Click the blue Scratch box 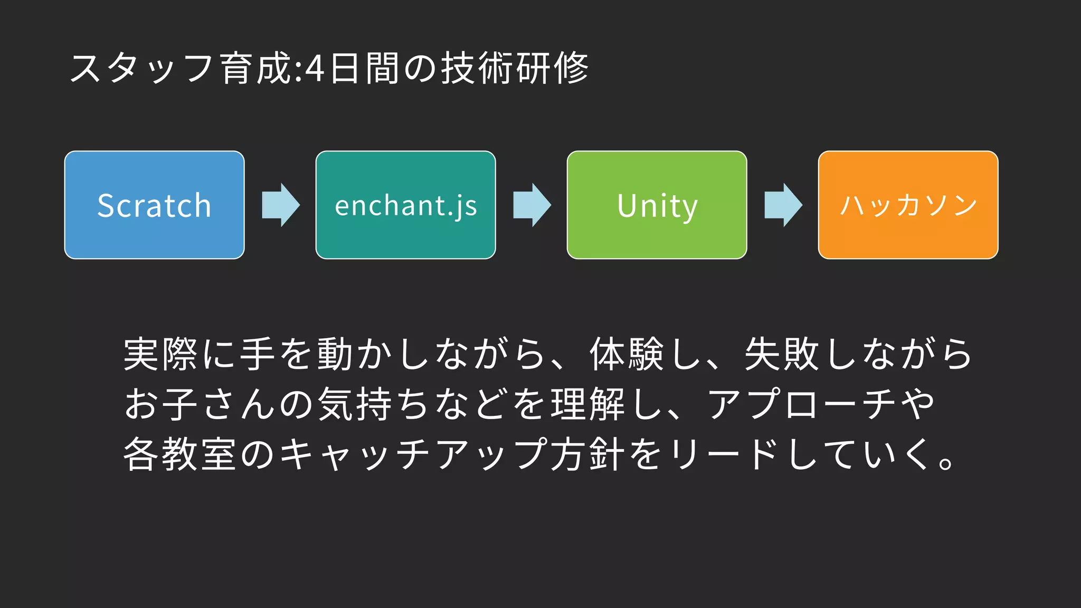coord(154,205)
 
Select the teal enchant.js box coord(405,205)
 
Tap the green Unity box coord(657,205)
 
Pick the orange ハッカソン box coord(908,205)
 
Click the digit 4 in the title coord(315,69)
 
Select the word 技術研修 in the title coord(515,69)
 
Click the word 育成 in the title coord(256,69)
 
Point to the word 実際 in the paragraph coord(160,354)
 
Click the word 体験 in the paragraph coord(627,354)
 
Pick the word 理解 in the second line coord(588,404)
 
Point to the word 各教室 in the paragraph coord(179,454)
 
